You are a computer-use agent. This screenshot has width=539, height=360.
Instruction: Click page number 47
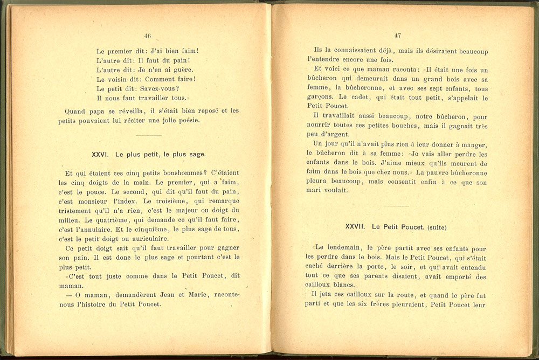398,36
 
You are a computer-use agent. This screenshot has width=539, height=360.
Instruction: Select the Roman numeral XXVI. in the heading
101,155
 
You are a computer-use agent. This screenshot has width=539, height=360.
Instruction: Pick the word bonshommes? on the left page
167,173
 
